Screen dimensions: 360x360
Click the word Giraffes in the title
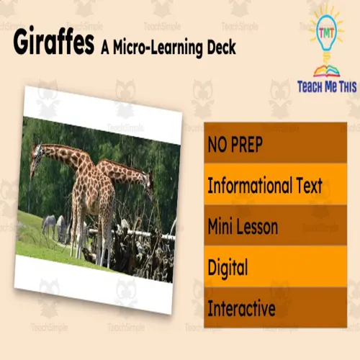pos(54,43)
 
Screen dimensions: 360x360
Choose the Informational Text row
pos(264,186)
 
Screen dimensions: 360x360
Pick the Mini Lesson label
pos(243,228)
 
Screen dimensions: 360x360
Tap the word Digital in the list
pos(228,268)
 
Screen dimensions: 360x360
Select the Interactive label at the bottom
pos(241,309)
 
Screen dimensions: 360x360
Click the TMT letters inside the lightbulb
pos(326,32)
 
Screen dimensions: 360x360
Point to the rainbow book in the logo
pos(326,70)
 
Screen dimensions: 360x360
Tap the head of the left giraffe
pos(36,153)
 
